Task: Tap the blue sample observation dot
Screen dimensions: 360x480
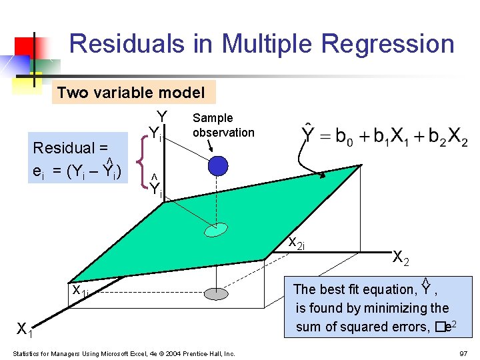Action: (218, 165)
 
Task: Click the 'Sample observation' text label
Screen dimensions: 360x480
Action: (223, 125)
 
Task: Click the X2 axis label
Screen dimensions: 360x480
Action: (401, 257)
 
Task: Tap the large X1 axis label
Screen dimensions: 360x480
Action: (25, 329)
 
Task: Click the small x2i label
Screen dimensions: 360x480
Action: (296, 243)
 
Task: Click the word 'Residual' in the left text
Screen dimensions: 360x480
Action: (66, 147)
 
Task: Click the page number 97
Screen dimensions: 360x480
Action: (463, 353)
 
